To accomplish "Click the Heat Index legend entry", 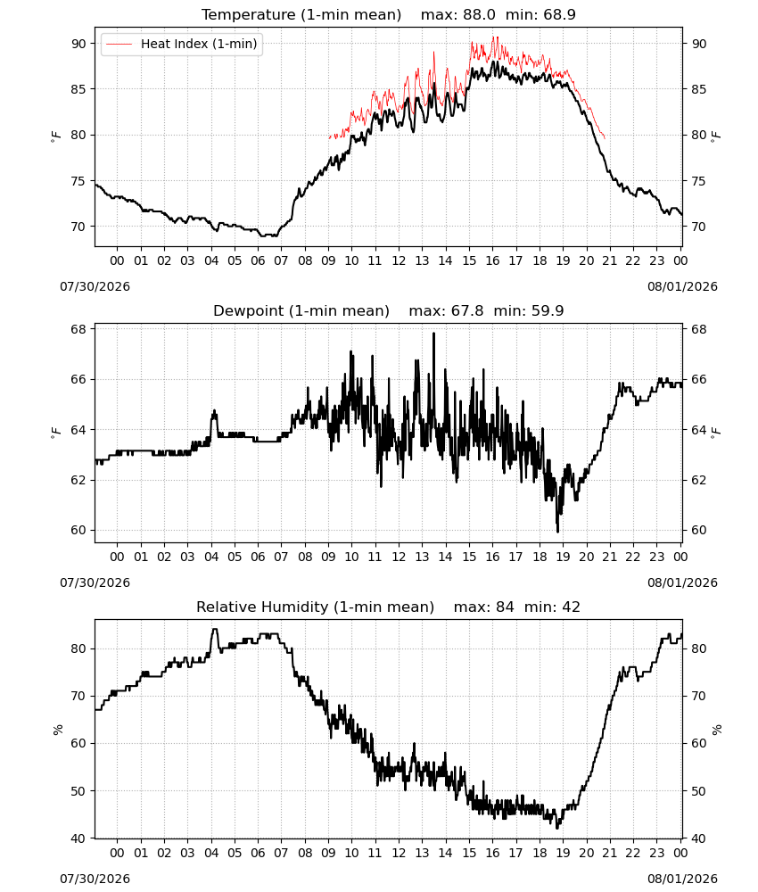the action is coord(182,44).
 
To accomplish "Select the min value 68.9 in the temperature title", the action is coord(559,15).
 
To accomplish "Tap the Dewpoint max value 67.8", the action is coord(467,311).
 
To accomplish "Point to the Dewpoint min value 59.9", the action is coord(548,311).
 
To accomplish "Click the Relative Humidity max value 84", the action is coord(505,607).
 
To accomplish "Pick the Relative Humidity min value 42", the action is coord(571,607).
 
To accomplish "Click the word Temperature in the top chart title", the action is coord(249,15).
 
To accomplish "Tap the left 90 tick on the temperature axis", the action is coord(78,44).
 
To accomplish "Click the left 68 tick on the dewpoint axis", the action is coord(78,329).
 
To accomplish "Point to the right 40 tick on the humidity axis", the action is coord(699,838).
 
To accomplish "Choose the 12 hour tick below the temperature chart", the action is coord(399,260).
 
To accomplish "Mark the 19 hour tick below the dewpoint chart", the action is coord(563,557).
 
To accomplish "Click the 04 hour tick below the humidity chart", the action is coord(211,853).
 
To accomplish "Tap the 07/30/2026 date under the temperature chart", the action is coord(95,286).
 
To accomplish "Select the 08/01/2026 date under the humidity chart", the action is coord(682,879).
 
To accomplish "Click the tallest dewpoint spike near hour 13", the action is coord(434,334).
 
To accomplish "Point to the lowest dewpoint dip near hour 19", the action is coord(558,531).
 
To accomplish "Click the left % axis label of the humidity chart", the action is coord(57,730).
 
